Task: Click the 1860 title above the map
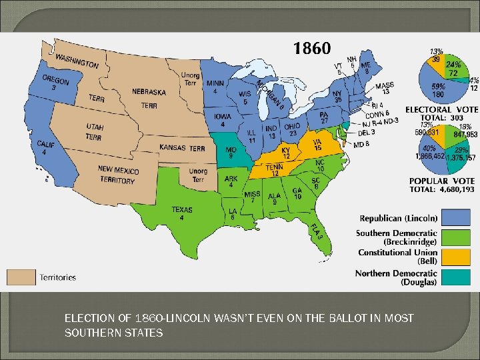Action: point(311,49)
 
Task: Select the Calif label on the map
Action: point(45,147)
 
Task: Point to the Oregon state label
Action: point(55,83)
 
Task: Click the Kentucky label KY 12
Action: point(285,153)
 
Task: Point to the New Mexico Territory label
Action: point(117,174)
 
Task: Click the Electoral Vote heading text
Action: point(441,109)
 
